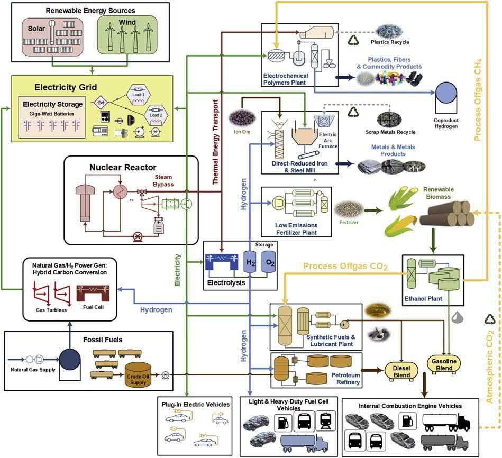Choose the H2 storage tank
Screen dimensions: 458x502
tap(249, 261)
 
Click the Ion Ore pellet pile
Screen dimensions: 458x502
tap(239, 118)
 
